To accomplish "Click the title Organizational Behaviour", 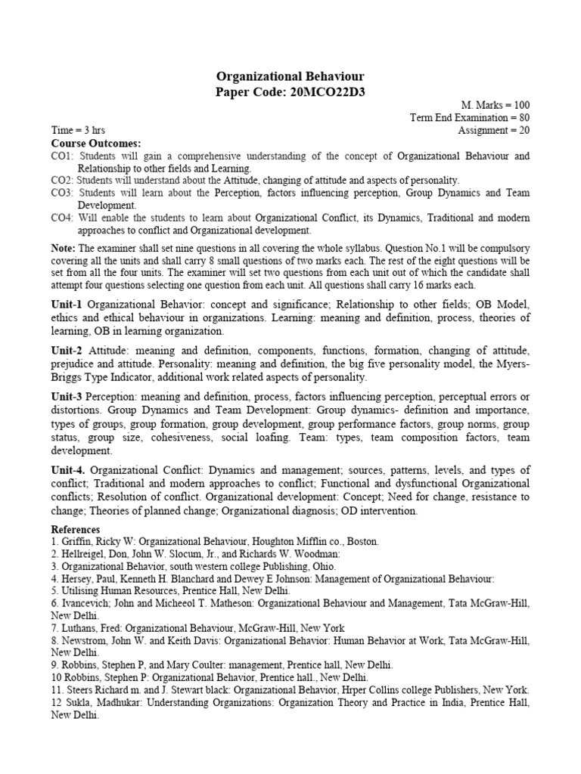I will [290, 76].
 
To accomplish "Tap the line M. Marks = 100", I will [496, 105].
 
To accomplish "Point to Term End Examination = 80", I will [469, 117].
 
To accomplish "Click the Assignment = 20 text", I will [493, 130].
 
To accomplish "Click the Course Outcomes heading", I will [95, 143].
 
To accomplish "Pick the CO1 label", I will [63, 156].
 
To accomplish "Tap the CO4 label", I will [63, 218].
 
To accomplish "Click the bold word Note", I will [64, 248].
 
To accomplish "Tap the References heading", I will [76, 530].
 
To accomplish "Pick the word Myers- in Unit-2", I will [511, 365].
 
